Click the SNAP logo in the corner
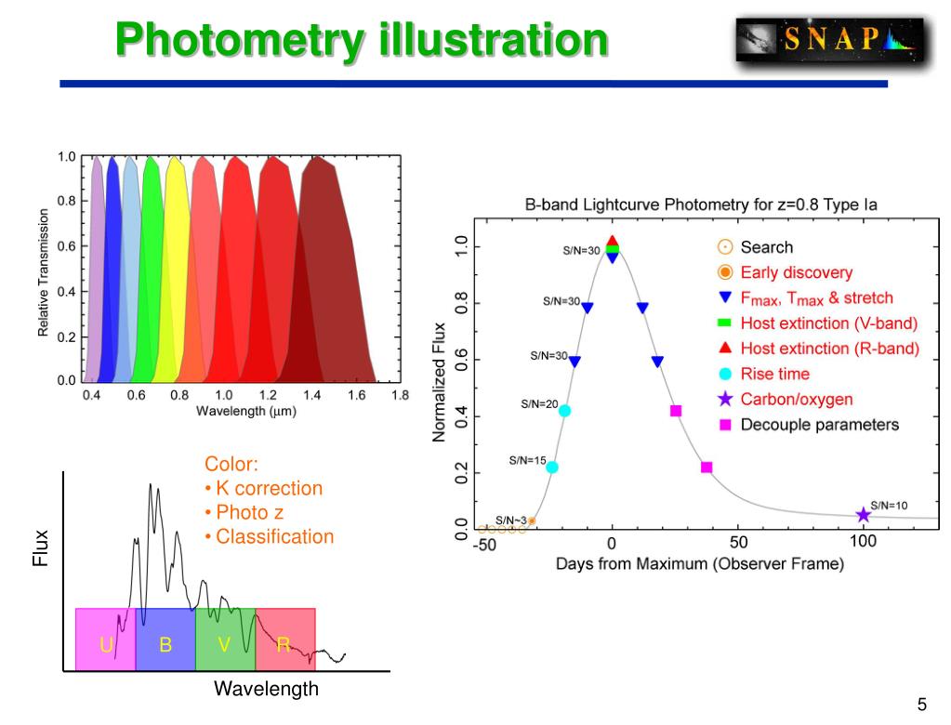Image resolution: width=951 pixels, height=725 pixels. tap(830, 39)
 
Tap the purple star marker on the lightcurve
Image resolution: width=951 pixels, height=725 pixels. tap(863, 515)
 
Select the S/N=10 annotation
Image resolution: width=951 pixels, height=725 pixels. tap(889, 505)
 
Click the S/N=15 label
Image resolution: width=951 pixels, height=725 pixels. tap(527, 460)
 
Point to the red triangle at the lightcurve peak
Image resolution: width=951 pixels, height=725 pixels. tap(612, 241)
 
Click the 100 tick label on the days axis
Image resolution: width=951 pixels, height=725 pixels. tap(863, 541)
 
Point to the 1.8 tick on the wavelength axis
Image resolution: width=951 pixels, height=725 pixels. tap(400, 395)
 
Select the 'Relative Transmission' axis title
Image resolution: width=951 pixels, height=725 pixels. tap(43, 272)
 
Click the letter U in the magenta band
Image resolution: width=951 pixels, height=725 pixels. tap(106, 644)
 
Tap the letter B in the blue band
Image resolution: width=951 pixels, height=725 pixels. tap(165, 644)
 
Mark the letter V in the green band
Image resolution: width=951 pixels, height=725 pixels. tap(224, 644)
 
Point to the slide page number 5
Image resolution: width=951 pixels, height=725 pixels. tap(922, 704)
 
